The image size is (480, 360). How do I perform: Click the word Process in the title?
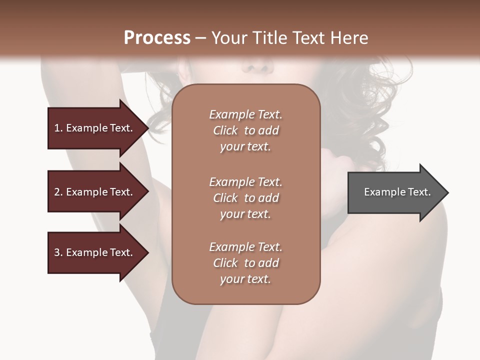(x=157, y=38)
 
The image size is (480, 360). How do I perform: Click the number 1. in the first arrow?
(x=58, y=128)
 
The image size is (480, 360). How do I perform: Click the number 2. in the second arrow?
(x=58, y=192)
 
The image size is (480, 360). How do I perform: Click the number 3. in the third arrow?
(x=58, y=252)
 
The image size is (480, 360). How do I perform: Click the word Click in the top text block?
(x=225, y=130)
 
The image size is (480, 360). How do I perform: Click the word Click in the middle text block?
(x=225, y=198)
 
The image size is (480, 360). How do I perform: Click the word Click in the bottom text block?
(x=225, y=263)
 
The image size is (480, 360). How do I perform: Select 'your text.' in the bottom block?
(x=245, y=279)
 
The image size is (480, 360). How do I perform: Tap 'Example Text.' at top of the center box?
(x=245, y=114)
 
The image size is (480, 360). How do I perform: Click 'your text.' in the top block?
(x=245, y=147)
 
